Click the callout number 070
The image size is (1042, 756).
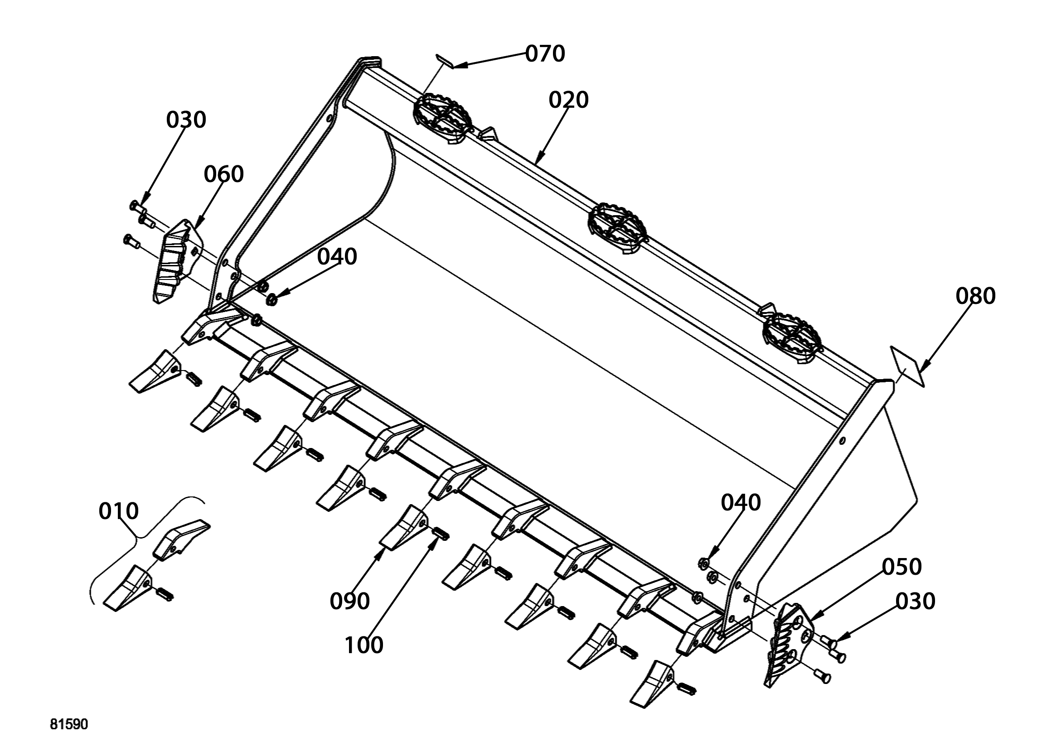[545, 54]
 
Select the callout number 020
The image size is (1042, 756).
[568, 100]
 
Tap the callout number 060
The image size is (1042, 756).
[223, 174]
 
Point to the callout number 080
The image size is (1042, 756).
[975, 296]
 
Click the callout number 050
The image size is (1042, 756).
[901, 567]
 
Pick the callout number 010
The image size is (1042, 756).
[119, 511]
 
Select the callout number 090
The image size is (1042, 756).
[349, 601]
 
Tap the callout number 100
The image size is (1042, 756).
[364, 645]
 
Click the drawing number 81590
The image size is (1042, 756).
[69, 725]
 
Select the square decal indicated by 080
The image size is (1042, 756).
[907, 366]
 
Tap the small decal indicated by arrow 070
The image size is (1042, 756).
[444, 61]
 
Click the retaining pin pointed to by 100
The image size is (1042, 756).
[441, 534]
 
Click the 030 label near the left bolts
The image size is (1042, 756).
[186, 120]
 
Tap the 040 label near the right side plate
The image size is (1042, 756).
[741, 502]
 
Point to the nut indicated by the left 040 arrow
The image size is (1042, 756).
[271, 300]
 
